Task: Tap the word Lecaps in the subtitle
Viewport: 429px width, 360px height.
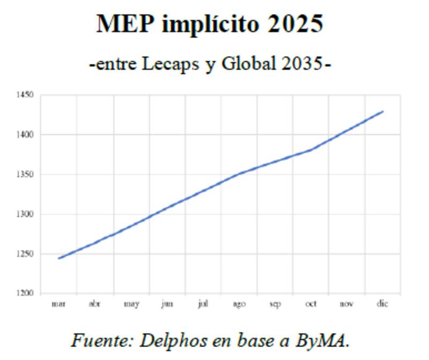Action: (x=171, y=64)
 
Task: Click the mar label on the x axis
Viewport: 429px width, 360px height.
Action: (x=58, y=304)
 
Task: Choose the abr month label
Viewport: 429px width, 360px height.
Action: (x=94, y=304)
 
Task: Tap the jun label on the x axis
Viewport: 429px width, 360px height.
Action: (x=167, y=304)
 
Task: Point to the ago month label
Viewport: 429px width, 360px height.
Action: (x=239, y=304)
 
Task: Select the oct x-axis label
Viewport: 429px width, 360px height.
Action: (x=311, y=304)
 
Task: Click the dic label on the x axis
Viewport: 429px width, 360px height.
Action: (x=382, y=304)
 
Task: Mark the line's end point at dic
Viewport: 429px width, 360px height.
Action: (x=383, y=111)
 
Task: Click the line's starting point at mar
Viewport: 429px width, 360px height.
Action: (x=58, y=258)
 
